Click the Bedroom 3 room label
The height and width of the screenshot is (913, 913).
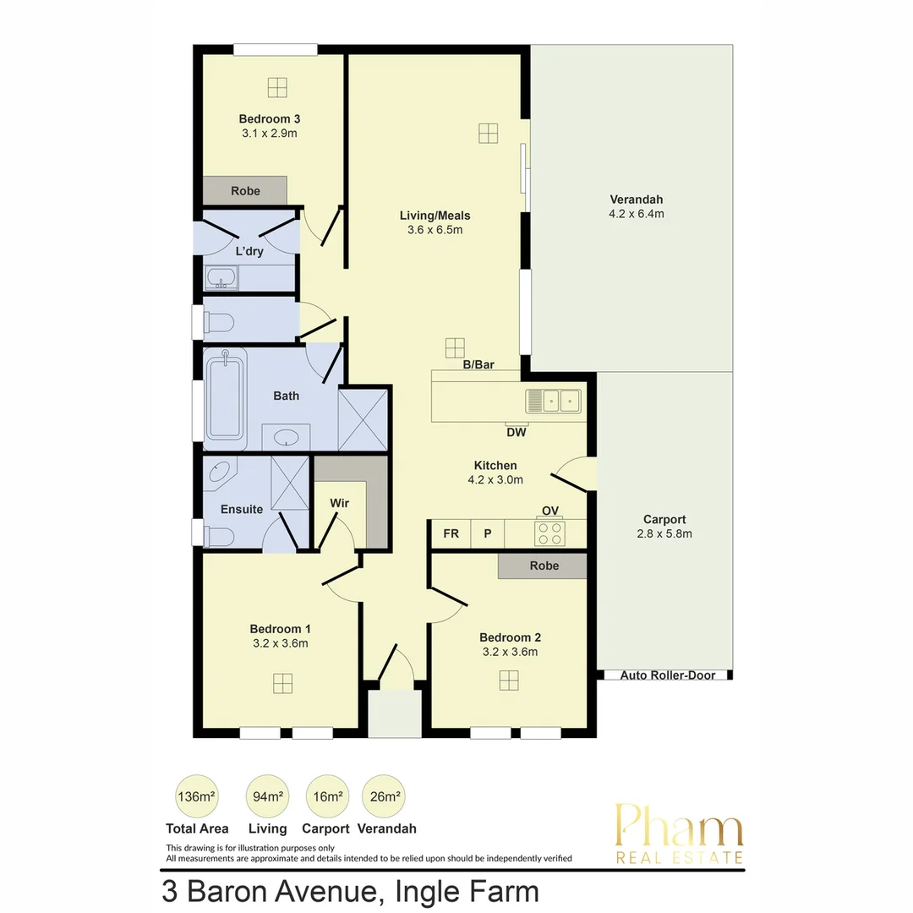[x=270, y=118]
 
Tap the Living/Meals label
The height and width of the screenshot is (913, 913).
[x=435, y=216]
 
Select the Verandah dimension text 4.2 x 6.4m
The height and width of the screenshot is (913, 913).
[x=637, y=214]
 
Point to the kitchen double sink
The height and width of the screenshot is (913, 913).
[x=553, y=400]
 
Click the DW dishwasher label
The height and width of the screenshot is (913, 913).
[x=517, y=433]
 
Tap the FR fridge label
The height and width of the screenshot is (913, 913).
[x=451, y=533]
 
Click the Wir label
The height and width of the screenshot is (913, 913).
[x=339, y=503]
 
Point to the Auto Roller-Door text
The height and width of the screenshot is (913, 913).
[x=667, y=675]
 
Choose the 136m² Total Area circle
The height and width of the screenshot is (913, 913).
[x=196, y=796]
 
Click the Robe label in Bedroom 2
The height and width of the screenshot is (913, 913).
[x=544, y=566]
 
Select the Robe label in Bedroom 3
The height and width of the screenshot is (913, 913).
[x=245, y=191]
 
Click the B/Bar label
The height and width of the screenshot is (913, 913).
[x=478, y=365]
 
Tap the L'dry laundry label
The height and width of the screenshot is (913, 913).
[x=249, y=251]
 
